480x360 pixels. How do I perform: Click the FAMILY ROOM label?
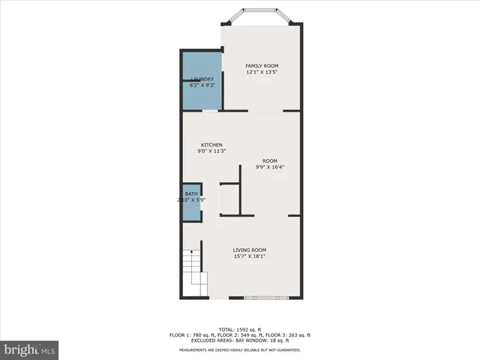coord(261,66)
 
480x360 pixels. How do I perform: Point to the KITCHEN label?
coord(211,145)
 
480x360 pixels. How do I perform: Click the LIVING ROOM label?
coord(250,250)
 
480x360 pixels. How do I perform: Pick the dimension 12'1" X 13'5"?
coord(262,73)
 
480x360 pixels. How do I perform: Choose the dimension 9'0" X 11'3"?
coord(211,151)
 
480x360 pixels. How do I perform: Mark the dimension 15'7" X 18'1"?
coord(250,256)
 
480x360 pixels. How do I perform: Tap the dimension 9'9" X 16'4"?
coord(270,167)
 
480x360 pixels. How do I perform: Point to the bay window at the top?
coord(262,16)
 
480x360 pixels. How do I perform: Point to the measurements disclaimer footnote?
coord(240,349)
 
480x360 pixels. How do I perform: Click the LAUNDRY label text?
coord(202,79)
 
